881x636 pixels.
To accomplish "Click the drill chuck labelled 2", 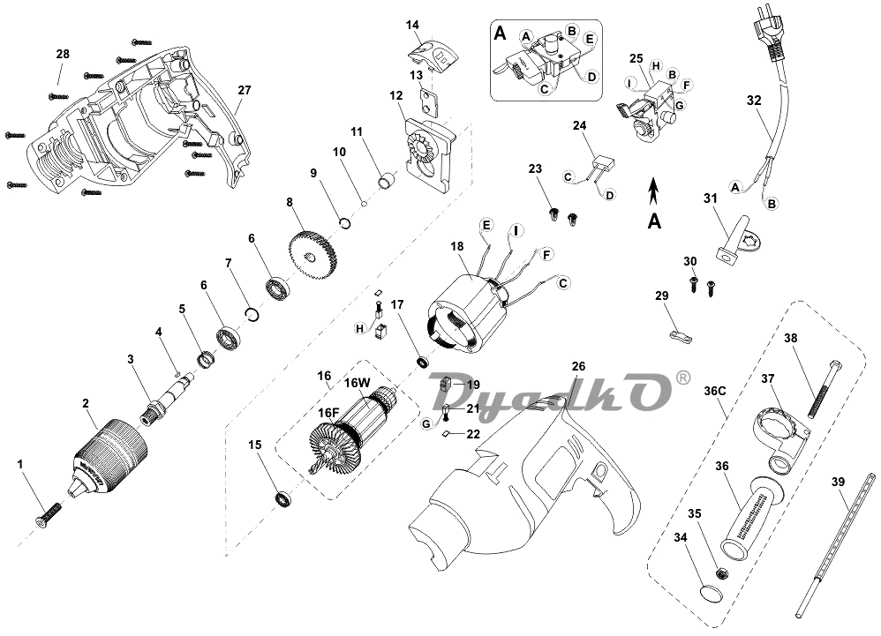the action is coord(109,454).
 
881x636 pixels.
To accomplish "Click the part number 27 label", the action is coord(244,90).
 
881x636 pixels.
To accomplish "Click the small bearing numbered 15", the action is coord(283,498).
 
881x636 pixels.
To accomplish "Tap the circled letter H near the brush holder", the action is coord(360,328).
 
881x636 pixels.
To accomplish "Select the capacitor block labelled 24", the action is coord(604,163).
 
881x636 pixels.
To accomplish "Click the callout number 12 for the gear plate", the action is coord(396,95).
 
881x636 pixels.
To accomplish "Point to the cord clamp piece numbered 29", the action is coord(680,336).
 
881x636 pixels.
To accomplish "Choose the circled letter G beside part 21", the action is coord(425,423).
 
